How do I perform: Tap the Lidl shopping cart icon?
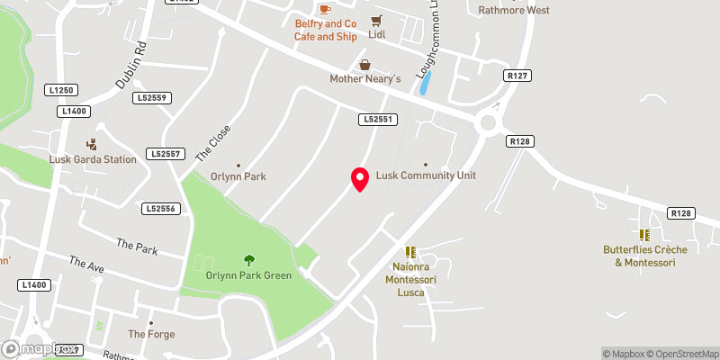(376, 20)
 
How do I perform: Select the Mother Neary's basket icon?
(365, 64)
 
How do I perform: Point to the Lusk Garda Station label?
(93, 159)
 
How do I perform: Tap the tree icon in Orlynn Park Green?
(248, 260)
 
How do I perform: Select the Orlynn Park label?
(238, 176)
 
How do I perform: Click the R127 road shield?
(517, 76)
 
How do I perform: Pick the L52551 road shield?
(378, 119)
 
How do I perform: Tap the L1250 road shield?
(62, 90)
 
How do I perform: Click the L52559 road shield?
(151, 97)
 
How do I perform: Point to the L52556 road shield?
(160, 208)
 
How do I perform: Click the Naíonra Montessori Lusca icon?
(410, 253)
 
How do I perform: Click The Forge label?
(151, 334)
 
